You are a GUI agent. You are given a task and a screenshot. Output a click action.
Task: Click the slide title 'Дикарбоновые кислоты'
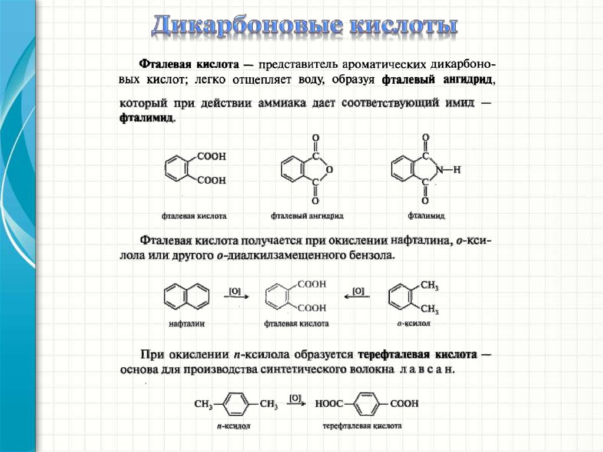pos(304,27)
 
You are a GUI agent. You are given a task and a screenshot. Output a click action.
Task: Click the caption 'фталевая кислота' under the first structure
pos(194,216)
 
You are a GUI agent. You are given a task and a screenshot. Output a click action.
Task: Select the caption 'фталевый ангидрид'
pos(307,216)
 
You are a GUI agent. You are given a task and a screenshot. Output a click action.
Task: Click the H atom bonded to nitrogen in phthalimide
pos(457,170)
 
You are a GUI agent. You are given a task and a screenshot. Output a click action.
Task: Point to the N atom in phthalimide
pos(439,170)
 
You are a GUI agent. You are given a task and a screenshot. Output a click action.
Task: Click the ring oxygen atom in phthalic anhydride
pos(329,170)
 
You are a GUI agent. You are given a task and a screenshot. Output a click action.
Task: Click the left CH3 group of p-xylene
pos(203,404)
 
